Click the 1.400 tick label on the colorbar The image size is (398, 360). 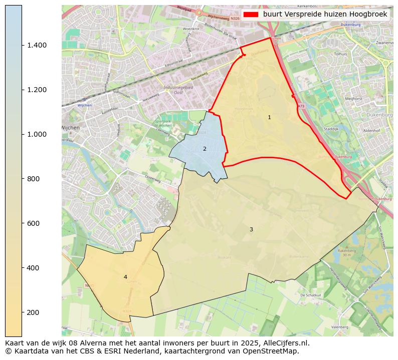[37, 46]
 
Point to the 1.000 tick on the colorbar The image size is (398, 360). [37, 135]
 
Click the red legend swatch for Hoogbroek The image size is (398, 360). [251, 15]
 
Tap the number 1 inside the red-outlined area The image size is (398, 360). [269, 118]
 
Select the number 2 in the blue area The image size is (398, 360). [205, 149]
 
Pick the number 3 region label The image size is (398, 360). [251, 230]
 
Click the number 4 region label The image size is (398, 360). [125, 277]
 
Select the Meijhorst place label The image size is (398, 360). [353, 99]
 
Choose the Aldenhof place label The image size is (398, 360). [371, 130]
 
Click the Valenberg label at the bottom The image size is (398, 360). [339, 327]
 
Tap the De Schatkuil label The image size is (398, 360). [310, 296]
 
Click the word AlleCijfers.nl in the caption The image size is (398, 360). [284, 343]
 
